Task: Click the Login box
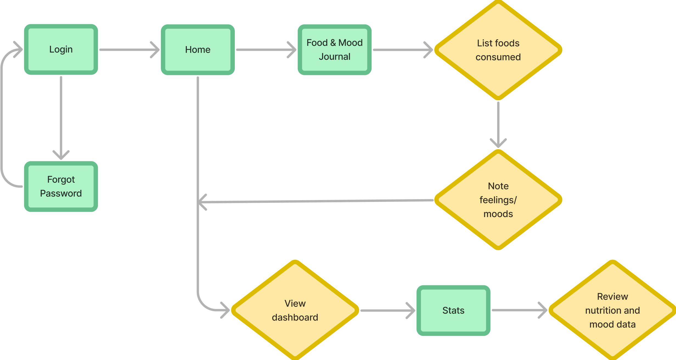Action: (61, 49)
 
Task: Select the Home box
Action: (198, 50)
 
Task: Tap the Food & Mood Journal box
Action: (334, 50)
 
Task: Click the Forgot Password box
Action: (61, 186)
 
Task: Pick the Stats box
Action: (453, 310)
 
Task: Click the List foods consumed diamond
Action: (498, 50)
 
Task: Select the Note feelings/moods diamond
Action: (498, 200)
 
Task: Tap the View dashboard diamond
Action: (295, 310)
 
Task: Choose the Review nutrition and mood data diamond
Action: (612, 310)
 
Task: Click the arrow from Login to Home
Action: (129, 50)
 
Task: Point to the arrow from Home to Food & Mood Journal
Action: (266, 50)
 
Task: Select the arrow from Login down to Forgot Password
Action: (61, 118)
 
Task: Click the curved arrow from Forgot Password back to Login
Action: (2, 118)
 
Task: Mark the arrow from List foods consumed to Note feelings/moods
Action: (498, 123)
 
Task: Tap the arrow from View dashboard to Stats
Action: (387, 310)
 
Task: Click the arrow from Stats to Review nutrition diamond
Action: (519, 310)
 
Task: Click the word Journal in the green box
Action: (334, 57)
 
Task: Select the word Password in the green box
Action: (61, 193)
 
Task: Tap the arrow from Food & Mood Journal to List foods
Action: (402, 50)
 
